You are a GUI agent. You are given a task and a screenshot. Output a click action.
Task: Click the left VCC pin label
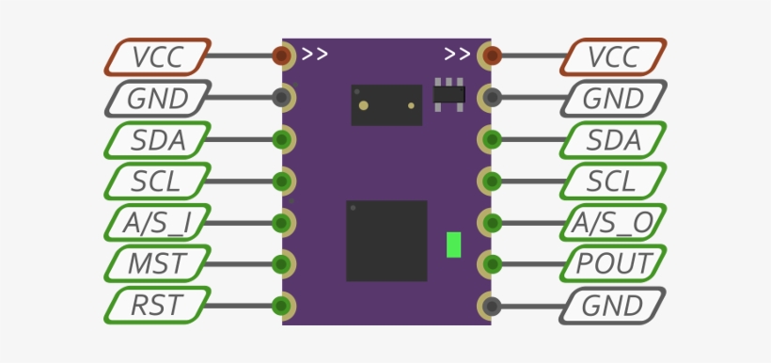(156, 56)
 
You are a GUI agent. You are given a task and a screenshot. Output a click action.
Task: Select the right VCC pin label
(613, 56)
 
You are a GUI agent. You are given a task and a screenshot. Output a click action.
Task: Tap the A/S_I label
(156, 223)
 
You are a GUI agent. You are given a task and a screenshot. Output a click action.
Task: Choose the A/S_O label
(613, 223)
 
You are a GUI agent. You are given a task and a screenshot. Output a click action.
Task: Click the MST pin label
(156, 264)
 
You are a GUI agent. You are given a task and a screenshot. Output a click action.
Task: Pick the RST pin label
(156, 306)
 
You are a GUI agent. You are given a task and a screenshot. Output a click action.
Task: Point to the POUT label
(613, 264)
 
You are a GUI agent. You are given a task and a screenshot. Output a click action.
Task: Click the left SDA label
(156, 140)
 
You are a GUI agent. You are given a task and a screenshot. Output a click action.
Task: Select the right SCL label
(613, 181)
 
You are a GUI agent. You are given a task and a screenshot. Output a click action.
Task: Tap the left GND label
(156, 98)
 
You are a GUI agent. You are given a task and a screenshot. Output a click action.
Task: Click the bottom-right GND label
(613, 306)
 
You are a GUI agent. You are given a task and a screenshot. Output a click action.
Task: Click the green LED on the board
(454, 245)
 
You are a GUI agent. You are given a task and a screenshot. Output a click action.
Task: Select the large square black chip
(386, 241)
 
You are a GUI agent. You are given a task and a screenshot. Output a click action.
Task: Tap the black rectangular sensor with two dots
(386, 104)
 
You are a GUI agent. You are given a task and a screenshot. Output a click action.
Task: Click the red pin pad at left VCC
(281, 55)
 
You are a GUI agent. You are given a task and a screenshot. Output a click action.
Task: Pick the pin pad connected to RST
(281, 306)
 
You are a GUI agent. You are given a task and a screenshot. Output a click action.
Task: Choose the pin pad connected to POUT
(490, 264)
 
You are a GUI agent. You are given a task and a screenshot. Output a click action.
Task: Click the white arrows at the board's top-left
(315, 54)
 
